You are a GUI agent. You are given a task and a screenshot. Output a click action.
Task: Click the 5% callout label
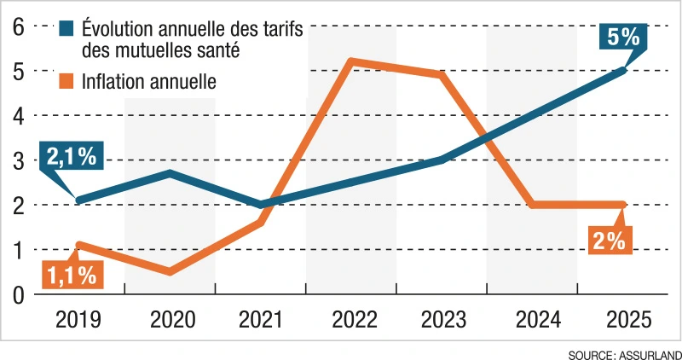[x=626, y=37]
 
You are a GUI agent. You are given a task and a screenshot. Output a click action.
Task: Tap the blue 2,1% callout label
[x=71, y=158]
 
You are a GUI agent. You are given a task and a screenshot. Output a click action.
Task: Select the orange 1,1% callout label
[x=71, y=275]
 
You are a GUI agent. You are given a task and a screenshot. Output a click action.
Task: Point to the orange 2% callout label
[x=610, y=241]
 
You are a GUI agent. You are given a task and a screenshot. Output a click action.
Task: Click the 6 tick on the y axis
[x=17, y=26]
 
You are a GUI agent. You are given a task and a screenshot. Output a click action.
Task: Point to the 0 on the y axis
[x=17, y=295]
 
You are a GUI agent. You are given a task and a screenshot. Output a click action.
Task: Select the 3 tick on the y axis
[x=17, y=160]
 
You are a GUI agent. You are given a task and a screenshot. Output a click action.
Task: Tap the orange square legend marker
[x=67, y=82]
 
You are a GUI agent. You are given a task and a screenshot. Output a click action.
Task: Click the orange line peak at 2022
[x=351, y=61]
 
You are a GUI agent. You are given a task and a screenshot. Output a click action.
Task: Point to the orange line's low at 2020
[x=170, y=272]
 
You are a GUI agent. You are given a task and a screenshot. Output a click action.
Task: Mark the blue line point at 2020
[x=170, y=173]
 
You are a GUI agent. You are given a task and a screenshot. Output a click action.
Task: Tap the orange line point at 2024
[x=533, y=205]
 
